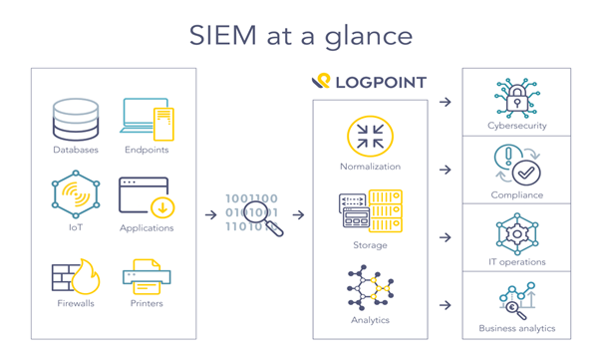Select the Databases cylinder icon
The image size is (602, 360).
tap(76, 120)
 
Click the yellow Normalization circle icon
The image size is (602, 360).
tap(370, 137)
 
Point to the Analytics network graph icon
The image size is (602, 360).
tap(370, 288)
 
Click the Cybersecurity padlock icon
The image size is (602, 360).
tap(516, 97)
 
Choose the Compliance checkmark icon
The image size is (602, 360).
tap(516, 166)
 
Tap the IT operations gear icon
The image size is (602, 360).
tap(516, 234)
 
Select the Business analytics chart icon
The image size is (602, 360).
tap(516, 299)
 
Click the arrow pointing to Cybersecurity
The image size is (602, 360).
tap(446, 102)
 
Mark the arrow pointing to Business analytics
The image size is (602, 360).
tap(446, 305)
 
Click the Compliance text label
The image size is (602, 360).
tap(516, 195)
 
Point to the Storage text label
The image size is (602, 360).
tap(370, 245)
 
